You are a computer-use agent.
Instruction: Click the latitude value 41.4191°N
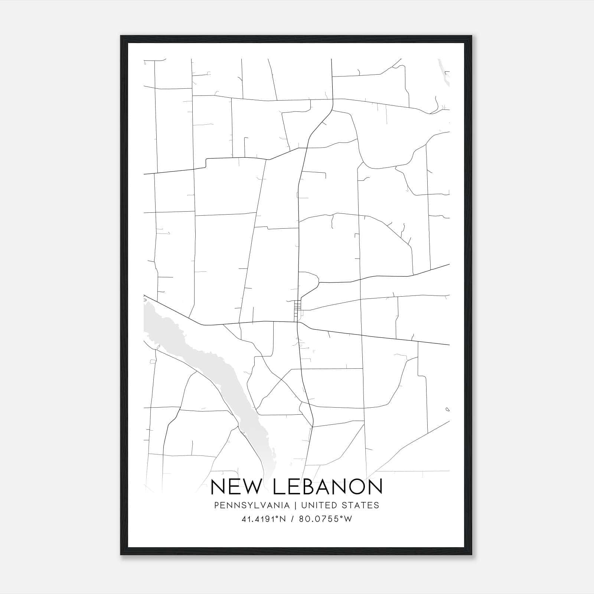264,519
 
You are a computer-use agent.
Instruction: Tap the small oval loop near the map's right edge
447,409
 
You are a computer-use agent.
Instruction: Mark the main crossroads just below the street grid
298,322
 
